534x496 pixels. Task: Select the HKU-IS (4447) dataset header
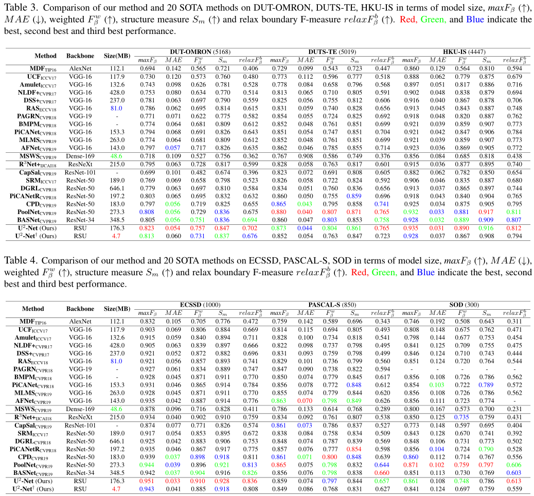click(465, 52)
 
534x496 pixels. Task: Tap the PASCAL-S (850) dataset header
click(332, 305)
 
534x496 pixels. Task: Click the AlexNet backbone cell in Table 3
click(77, 68)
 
